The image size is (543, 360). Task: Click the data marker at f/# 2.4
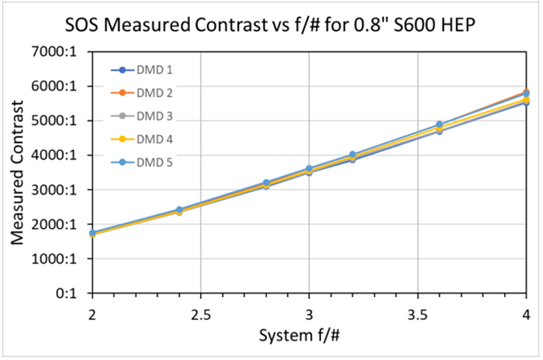point(179,210)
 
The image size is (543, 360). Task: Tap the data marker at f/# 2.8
point(266,184)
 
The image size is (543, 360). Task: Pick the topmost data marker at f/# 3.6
point(439,125)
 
